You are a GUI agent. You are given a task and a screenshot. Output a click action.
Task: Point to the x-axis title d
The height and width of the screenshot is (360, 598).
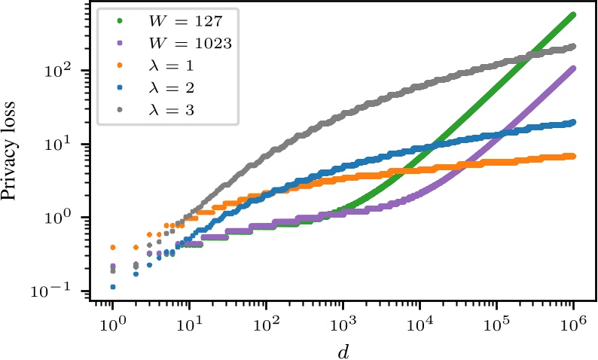click(343, 349)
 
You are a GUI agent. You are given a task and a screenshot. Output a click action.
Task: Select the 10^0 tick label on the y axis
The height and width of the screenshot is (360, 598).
click(69, 218)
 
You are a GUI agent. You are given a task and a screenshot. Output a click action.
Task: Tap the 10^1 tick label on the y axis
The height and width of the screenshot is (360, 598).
click(69, 145)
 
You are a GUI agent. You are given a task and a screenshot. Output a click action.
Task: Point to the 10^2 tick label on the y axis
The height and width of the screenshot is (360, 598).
click(69, 71)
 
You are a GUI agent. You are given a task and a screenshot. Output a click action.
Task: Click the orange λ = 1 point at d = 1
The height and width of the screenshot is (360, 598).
click(112, 247)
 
